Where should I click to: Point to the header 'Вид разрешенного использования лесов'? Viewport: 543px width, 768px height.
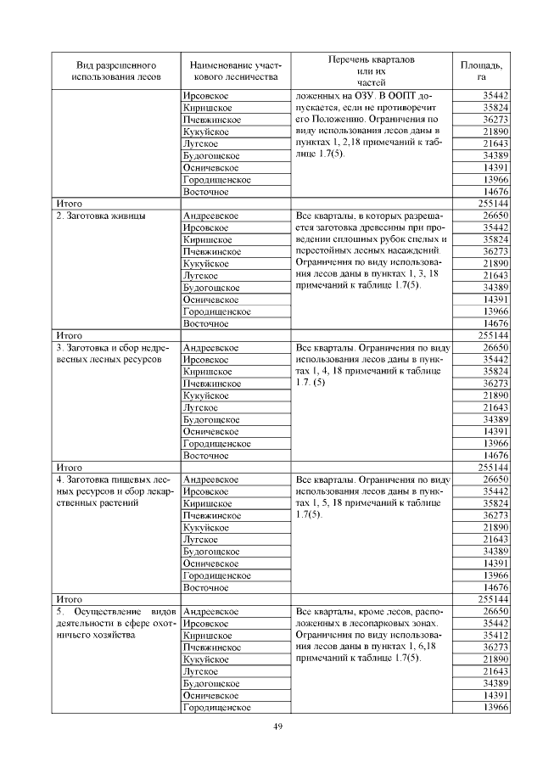[115, 70]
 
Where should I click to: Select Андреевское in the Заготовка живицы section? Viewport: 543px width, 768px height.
[210, 216]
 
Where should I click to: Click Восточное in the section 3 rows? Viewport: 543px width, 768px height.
[206, 456]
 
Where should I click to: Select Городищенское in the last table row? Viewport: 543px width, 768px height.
[217, 707]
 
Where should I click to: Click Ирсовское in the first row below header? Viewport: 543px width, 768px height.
[206, 96]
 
